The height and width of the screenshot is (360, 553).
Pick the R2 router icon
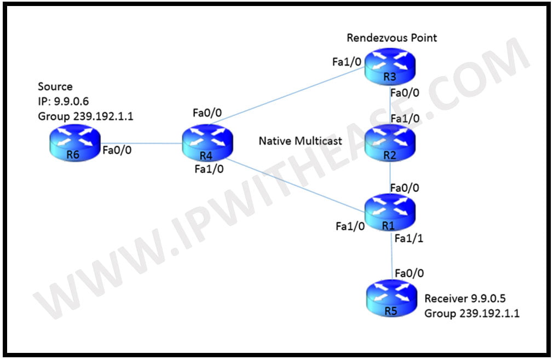(390, 142)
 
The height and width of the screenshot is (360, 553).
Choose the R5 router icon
(390, 298)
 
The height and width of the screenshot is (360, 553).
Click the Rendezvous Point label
(392, 38)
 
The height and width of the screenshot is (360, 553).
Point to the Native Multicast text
(300, 141)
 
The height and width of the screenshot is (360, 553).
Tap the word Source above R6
(55, 87)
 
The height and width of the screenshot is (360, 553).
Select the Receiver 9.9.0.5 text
(464, 299)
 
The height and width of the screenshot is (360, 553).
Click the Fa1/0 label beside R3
(346, 62)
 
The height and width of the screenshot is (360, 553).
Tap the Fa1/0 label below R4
(209, 169)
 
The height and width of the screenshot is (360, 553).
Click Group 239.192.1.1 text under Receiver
(471, 313)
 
